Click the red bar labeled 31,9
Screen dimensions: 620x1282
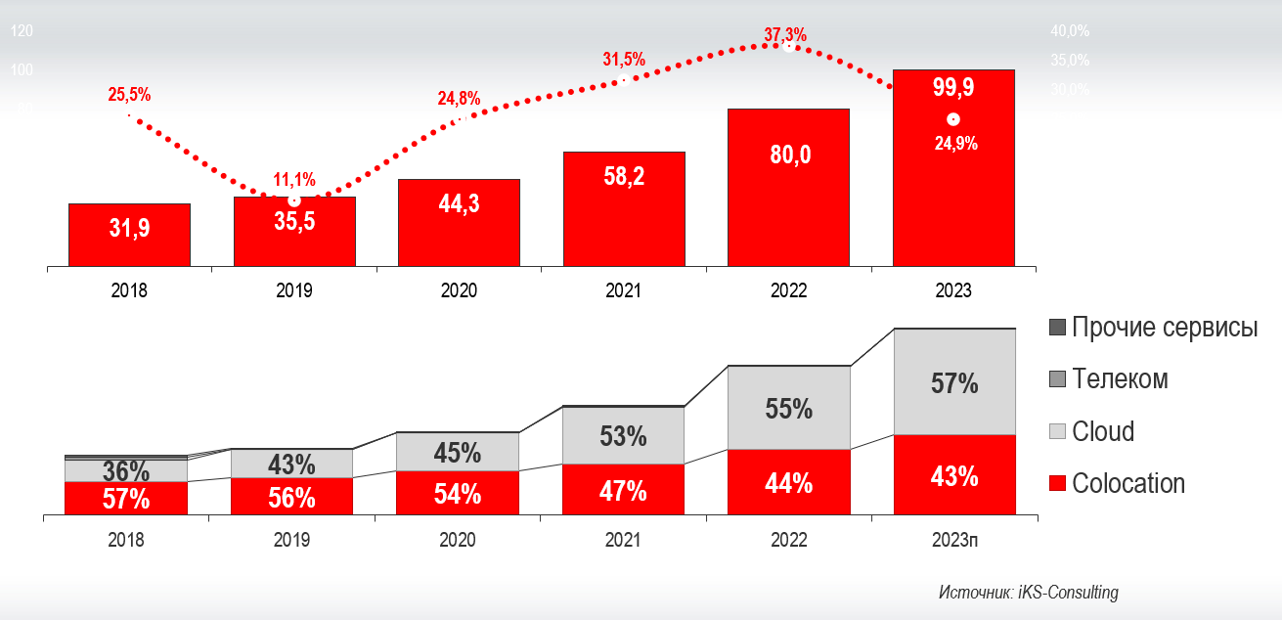(x=129, y=235)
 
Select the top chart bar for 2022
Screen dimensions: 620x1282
(x=788, y=186)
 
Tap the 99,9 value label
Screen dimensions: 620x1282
(x=953, y=87)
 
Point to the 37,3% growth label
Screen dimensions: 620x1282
(x=785, y=35)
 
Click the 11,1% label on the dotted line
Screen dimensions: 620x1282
(x=293, y=179)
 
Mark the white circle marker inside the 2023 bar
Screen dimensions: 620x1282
(x=953, y=119)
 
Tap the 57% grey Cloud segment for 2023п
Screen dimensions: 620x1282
(x=954, y=383)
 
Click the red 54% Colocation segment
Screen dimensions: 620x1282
(x=458, y=494)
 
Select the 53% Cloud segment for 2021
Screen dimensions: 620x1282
(x=623, y=436)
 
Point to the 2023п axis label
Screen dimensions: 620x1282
(x=954, y=540)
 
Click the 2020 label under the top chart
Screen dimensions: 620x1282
(x=459, y=290)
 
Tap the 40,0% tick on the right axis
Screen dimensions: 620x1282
(x=1070, y=31)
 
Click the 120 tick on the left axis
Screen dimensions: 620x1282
(x=22, y=31)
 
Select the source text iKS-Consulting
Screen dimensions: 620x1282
(x=1028, y=593)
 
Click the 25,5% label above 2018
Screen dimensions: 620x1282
(x=129, y=95)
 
